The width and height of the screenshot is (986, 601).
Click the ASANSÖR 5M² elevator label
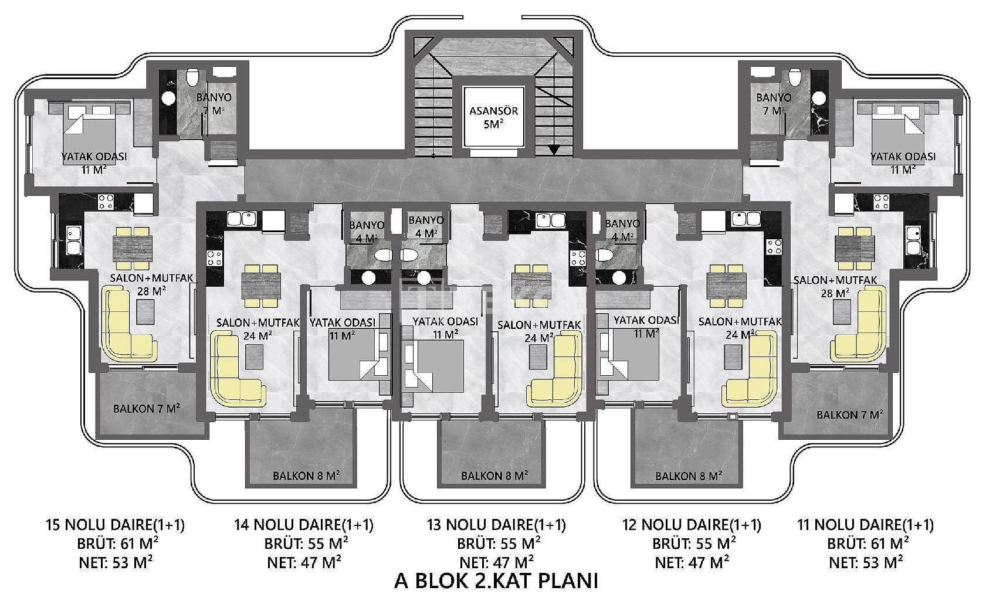tap(493, 117)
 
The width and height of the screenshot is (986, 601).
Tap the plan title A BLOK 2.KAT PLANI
tap(496, 580)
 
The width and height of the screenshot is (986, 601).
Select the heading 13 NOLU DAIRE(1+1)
tap(497, 524)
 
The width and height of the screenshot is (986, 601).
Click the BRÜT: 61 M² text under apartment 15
tap(117, 544)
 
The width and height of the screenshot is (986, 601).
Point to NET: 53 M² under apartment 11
tap(866, 562)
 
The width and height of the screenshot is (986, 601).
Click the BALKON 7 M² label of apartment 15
tap(147, 408)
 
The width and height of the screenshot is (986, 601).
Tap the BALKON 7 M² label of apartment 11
tap(849, 415)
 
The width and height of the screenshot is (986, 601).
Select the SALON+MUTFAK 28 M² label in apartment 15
tap(151, 284)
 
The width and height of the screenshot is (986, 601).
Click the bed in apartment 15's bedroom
tap(89, 132)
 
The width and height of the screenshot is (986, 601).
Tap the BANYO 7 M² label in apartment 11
tap(774, 104)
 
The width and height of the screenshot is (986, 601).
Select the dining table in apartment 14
tap(261, 286)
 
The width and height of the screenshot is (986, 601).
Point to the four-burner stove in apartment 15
tap(106, 202)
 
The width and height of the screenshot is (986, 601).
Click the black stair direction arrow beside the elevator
tap(553, 150)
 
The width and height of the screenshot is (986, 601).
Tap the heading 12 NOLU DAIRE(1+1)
tap(692, 524)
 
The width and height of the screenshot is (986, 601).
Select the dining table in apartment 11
tap(855, 249)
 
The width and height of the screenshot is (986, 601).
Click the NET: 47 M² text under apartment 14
tap(304, 562)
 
